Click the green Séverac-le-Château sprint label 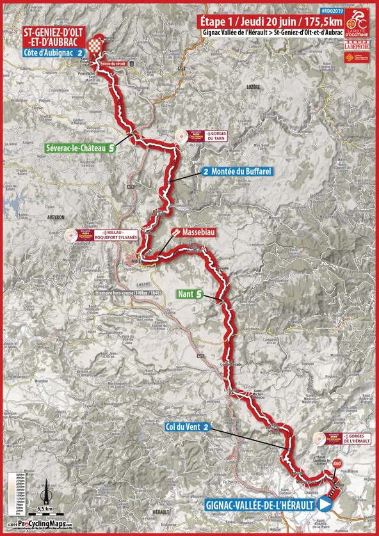(81, 147)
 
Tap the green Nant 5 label (191, 295)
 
